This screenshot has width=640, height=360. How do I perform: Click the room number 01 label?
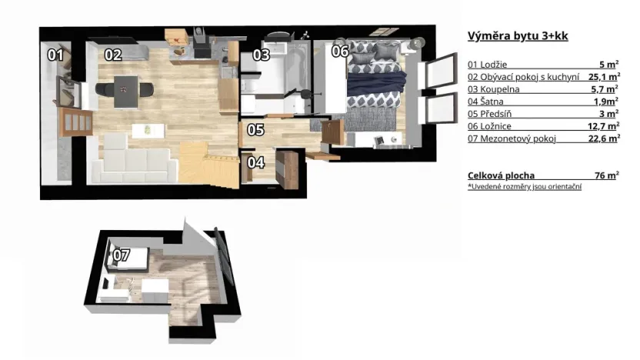55,55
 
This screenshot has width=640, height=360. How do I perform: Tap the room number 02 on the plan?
113,55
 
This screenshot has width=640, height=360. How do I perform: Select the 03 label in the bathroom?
262,55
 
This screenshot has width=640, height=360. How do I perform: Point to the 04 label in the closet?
255,162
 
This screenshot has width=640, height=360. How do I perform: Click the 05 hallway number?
255,130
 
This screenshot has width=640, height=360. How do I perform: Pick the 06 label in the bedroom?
340,51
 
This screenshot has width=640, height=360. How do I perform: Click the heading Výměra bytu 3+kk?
518,35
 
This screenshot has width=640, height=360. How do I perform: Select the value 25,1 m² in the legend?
604,77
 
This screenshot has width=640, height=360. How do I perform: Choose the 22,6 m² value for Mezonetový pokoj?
604,138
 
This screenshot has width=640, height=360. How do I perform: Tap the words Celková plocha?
501,175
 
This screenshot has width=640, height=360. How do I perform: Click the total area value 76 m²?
606,175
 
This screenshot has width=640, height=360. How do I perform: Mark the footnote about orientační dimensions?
524,187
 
